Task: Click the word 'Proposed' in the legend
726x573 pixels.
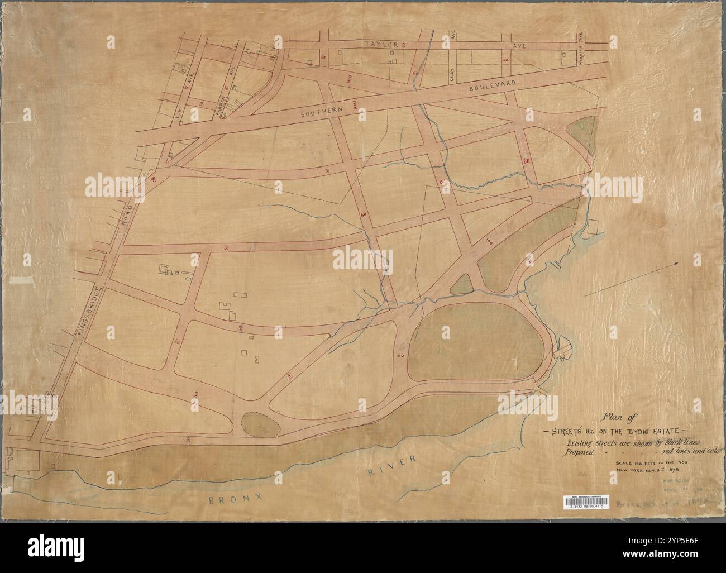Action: [x=579, y=451]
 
